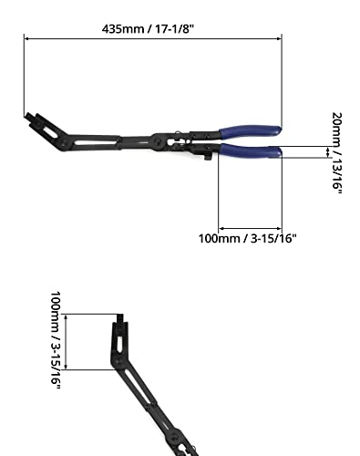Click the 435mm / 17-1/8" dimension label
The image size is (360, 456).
coord(148,29)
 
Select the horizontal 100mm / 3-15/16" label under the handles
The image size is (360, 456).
coord(247,238)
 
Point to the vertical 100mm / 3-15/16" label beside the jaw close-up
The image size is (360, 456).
coord(56,340)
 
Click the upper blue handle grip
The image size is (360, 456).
coord(250,131)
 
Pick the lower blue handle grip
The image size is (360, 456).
coord(251,150)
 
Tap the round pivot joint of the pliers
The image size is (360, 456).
coord(158,141)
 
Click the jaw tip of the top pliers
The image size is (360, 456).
coord(28,117)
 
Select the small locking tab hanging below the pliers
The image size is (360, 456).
coord(208,157)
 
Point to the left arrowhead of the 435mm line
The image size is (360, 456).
coord(26,38)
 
